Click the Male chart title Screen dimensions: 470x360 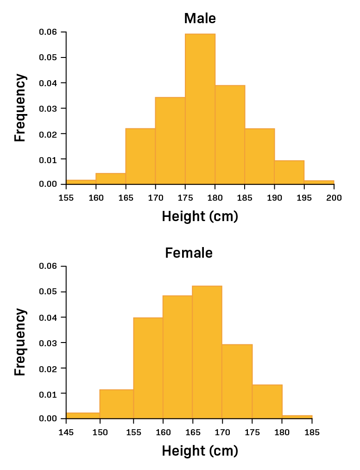pos(200,18)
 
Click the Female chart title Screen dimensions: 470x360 pos(189,253)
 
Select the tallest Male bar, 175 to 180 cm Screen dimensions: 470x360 pos(200,109)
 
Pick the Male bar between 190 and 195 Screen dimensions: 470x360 pos(289,172)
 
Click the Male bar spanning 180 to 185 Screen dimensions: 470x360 pos(230,135)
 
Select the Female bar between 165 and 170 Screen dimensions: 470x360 pos(207,352)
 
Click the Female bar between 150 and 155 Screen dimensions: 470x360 pos(116,404)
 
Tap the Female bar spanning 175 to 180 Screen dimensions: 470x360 pos(267,401)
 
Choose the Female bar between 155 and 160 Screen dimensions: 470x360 pos(148,368)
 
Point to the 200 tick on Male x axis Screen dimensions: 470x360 pos(334,198)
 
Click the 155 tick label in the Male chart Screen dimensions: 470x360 pos(66,198)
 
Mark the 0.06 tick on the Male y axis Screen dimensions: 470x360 pos(48,32)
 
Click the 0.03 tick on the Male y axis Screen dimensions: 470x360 pos(48,108)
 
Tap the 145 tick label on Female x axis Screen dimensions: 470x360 pos(66,432)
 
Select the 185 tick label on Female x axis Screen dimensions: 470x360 pos(312,432)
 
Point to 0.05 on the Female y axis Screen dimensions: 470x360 pos(48,292)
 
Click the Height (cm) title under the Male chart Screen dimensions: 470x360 pos(200,216)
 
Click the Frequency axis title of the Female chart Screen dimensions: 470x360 pos(20,342)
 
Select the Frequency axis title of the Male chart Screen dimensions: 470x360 pos(20,108)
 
